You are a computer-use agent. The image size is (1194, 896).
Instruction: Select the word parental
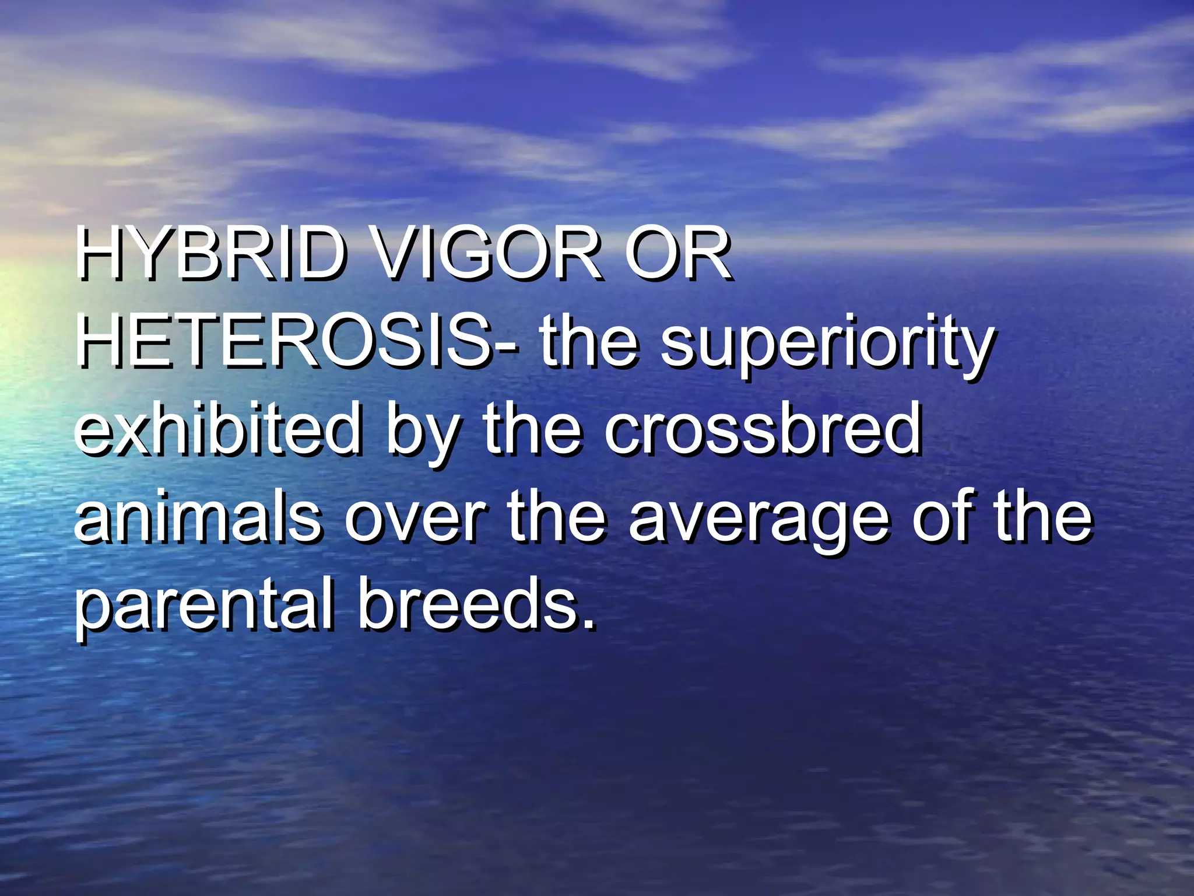pyautogui.click(x=205, y=607)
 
